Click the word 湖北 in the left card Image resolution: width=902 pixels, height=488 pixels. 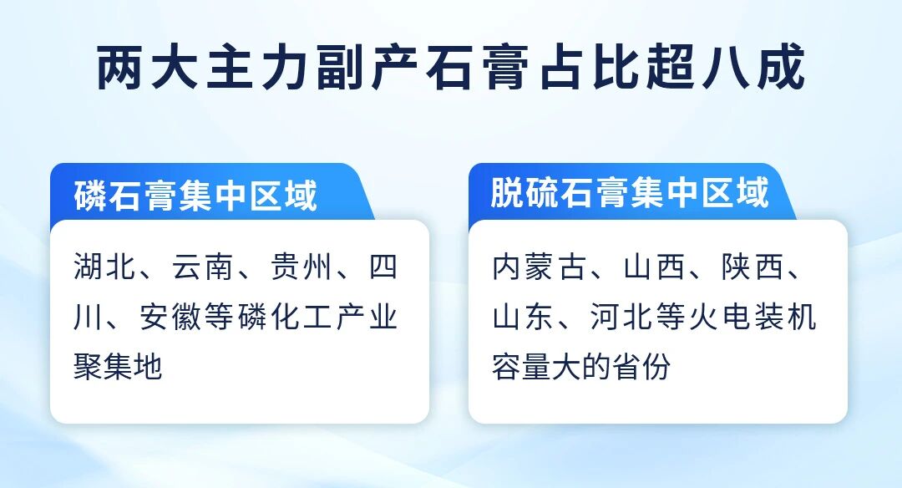tap(104, 267)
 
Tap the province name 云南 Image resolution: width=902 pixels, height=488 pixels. tap(202, 267)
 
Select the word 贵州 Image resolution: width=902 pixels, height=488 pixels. tap(301, 267)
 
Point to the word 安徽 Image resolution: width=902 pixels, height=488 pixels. tap(170, 317)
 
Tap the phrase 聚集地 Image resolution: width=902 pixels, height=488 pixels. tap(118, 366)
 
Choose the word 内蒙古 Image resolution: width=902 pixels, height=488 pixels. tap(539, 267)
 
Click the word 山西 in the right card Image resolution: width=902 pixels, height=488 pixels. tap(653, 267)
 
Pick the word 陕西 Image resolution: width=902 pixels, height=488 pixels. tap(752, 267)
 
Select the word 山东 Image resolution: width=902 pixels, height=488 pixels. tap(523, 317)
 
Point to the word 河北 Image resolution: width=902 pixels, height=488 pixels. tap(621, 317)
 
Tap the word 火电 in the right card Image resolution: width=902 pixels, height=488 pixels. tap(719, 317)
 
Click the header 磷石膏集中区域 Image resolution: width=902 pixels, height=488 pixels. tap(195, 195)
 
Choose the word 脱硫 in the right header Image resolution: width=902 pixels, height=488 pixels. tap(524, 192)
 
